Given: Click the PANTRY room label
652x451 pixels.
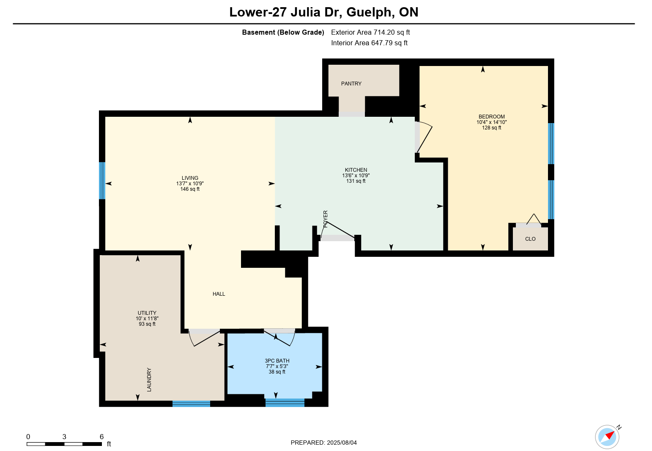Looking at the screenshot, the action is click(351, 84).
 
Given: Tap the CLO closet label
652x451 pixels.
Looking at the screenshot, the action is click(530, 239).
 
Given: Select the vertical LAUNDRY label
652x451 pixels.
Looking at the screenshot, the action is click(149, 379).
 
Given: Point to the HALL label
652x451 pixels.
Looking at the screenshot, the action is click(219, 294).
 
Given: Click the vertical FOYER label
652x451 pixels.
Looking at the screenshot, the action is click(326, 219).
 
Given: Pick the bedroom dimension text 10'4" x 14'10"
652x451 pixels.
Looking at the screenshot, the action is click(492, 122).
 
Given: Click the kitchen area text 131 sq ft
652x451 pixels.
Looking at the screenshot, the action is click(356, 181).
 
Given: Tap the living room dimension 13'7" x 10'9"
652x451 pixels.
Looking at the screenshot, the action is click(190, 184).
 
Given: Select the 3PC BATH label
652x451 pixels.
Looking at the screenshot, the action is click(277, 361).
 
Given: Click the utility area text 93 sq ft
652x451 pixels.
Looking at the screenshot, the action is click(147, 324).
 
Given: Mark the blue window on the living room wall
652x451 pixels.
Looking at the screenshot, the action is click(102, 181).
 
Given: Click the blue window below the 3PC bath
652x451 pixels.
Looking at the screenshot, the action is click(285, 403).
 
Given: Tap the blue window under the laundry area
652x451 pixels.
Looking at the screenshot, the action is click(191, 404).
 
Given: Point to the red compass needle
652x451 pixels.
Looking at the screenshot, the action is click(610, 436).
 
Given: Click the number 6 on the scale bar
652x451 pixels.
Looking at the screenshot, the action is click(101, 437).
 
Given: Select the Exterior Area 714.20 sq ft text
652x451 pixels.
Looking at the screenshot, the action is click(370, 32).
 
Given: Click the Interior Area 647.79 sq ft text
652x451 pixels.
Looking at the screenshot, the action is click(370, 43).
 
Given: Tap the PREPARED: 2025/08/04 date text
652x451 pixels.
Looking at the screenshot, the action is click(323, 443).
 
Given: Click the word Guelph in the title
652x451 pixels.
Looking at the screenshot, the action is click(369, 12).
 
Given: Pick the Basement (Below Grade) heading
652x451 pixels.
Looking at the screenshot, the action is click(283, 32).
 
